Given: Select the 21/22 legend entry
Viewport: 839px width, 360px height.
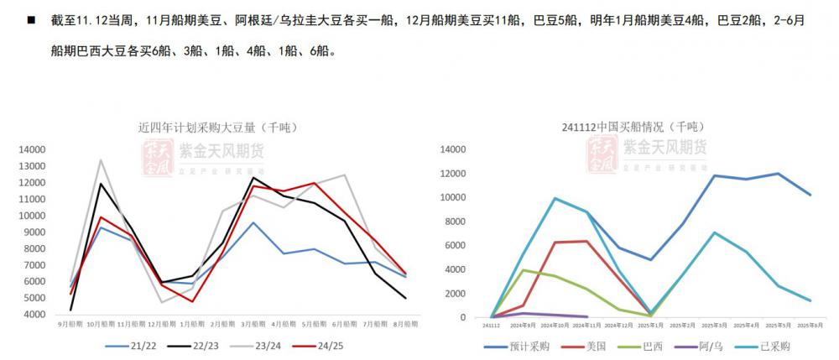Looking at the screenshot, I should [x=134, y=345].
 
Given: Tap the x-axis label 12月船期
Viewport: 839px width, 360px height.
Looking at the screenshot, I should [x=162, y=323].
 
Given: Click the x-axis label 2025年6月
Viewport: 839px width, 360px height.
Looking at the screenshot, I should [x=809, y=323].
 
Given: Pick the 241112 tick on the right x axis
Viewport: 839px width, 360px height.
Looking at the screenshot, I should [x=491, y=323].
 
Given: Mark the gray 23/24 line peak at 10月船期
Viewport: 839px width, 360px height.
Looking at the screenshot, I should [x=101, y=159].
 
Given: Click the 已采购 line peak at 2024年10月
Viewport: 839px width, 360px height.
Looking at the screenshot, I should [x=555, y=199].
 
